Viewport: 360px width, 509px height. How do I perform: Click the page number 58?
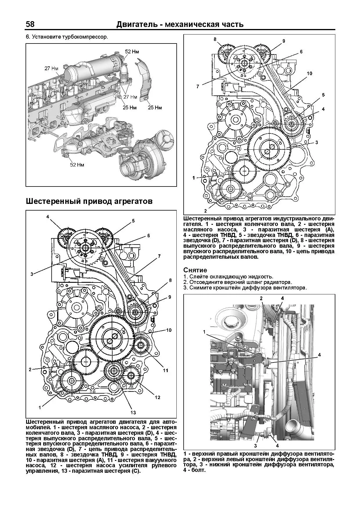click(30, 24)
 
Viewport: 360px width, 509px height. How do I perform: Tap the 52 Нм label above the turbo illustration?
click(132, 52)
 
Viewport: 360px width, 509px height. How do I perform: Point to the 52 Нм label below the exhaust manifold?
click(77, 165)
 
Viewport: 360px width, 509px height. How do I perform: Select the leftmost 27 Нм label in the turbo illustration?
click(51, 68)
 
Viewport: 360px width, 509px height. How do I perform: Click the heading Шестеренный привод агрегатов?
click(89, 201)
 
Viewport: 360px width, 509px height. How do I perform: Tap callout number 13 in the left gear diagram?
click(133, 412)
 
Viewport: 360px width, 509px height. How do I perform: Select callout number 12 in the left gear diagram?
click(157, 397)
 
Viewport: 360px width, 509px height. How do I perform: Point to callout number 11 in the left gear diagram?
click(165, 370)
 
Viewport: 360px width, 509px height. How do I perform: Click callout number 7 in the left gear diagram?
click(159, 256)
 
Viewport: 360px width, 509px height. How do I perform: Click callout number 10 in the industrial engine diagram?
click(309, 73)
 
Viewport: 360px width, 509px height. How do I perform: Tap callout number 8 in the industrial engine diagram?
click(215, 39)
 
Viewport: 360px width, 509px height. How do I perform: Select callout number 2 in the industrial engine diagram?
click(205, 211)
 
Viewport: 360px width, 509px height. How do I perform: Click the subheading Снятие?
click(195, 270)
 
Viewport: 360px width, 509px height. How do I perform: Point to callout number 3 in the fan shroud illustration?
click(256, 446)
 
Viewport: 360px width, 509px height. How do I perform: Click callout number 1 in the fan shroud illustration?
click(204, 332)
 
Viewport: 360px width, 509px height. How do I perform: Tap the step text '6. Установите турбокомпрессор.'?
click(67, 37)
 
